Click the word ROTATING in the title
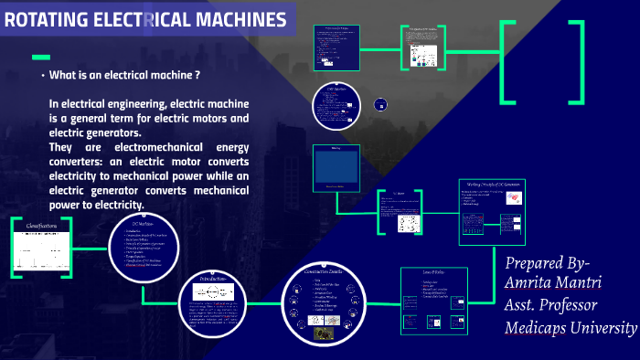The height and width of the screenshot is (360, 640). click(47, 19)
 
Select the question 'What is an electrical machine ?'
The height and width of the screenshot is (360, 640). click(125, 75)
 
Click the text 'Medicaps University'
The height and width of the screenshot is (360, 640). click(571, 327)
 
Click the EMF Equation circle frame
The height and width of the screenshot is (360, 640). click(337, 107)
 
